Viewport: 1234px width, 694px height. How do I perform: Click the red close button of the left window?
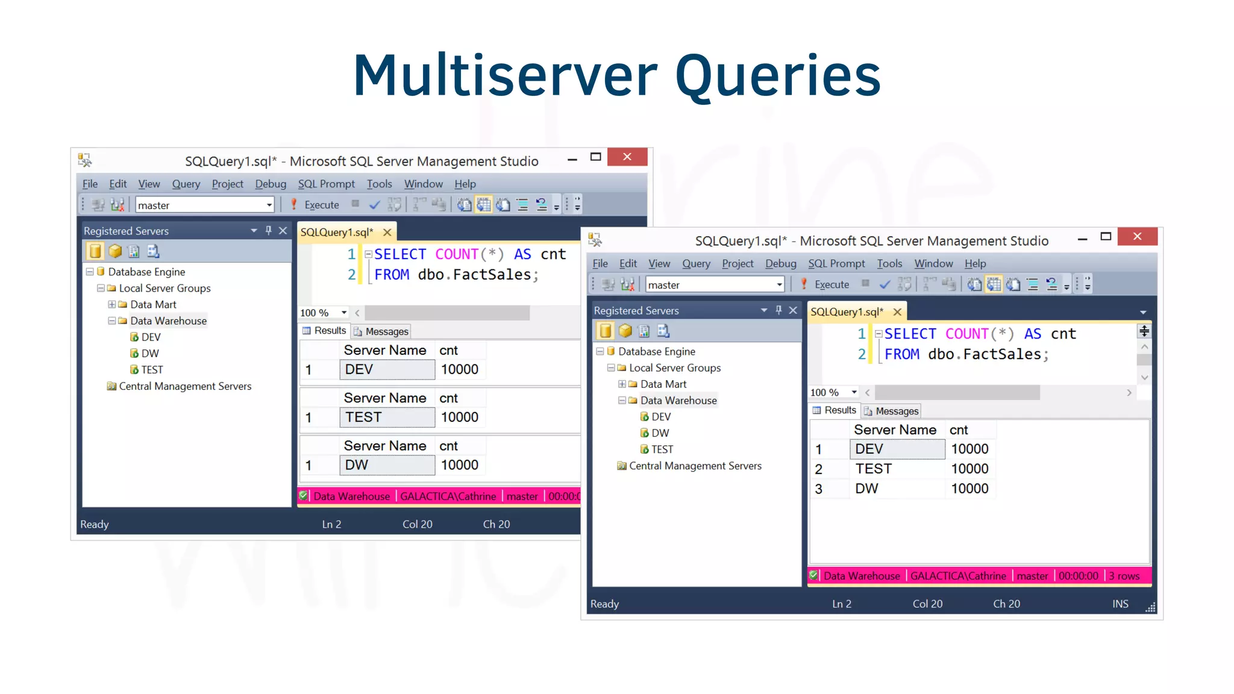click(x=627, y=157)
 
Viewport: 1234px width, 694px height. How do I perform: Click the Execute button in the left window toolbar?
click(x=315, y=205)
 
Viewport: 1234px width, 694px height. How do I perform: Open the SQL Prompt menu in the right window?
click(x=836, y=263)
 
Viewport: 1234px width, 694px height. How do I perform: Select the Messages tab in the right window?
click(x=891, y=411)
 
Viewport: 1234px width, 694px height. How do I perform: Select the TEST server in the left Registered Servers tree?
click(x=151, y=370)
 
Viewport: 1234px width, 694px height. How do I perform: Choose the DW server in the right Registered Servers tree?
click(x=660, y=433)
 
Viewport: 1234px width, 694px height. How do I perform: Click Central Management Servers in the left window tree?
click(x=185, y=386)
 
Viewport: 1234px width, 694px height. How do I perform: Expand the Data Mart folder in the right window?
click(x=622, y=384)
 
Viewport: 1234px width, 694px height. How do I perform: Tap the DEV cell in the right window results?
click(x=897, y=449)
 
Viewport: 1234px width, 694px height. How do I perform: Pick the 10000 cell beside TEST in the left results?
click(x=459, y=417)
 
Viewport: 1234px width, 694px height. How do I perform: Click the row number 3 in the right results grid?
click(x=818, y=489)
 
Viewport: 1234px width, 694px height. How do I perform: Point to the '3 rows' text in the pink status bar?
click(x=1124, y=576)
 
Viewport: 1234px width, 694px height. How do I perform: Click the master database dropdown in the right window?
click(x=715, y=285)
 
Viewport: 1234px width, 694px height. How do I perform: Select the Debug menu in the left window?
click(x=271, y=184)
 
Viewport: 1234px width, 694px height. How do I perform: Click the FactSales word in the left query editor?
click(x=492, y=275)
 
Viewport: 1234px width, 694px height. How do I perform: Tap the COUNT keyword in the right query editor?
click(x=966, y=334)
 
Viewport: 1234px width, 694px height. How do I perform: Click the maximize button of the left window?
click(x=595, y=157)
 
